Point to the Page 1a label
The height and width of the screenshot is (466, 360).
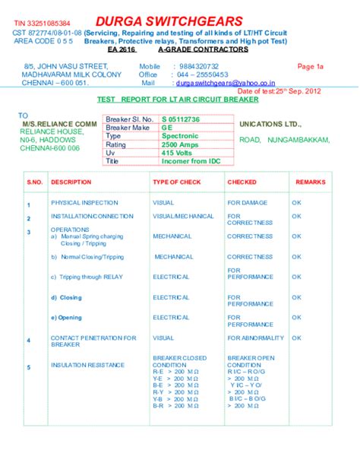(x=310, y=67)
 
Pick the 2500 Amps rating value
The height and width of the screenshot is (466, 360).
(x=181, y=144)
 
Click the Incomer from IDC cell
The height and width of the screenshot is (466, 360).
(x=190, y=161)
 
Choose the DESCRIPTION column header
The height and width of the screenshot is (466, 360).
(x=71, y=183)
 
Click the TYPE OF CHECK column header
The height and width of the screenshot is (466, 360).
(x=176, y=183)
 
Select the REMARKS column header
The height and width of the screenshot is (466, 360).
(x=310, y=183)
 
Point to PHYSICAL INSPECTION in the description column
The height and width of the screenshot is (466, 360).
(x=84, y=203)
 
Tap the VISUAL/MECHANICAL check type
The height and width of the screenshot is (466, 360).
(x=183, y=217)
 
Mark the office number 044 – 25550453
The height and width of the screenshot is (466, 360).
(x=201, y=74)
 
